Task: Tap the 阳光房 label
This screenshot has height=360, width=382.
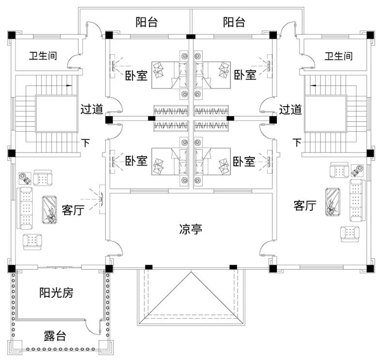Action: tap(56, 293)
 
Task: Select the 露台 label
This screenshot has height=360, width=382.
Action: tap(55, 336)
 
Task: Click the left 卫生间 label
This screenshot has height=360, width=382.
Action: tap(43, 56)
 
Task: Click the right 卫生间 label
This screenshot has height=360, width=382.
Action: tap(338, 56)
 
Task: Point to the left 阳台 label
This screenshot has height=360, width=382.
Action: tap(146, 22)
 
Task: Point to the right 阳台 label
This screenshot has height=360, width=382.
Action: tap(234, 22)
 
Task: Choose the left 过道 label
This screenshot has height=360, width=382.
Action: tap(92, 110)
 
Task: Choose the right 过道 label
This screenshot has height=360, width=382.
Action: tap(290, 110)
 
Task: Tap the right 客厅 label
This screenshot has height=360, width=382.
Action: tap(305, 205)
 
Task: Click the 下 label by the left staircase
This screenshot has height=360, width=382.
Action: tap(86, 143)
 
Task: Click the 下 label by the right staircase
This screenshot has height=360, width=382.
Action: tap(297, 142)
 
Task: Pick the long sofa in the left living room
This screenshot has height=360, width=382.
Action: tap(25, 208)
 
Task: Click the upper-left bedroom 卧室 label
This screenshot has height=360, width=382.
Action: tap(136, 75)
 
